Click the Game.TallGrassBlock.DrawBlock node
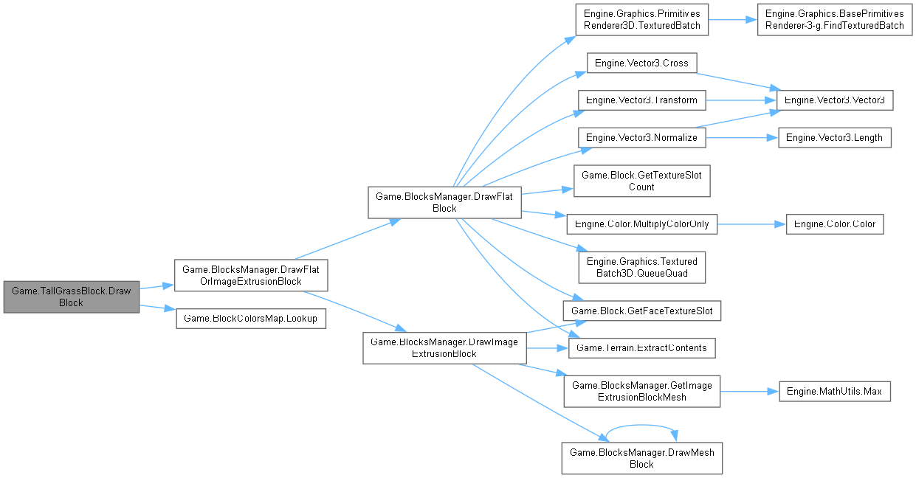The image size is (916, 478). point(71,297)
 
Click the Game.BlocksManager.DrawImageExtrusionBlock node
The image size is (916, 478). point(444,347)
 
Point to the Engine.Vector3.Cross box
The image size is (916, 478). point(641,63)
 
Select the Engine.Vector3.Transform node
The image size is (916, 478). point(641,100)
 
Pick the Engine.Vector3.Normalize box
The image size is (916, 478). point(641,137)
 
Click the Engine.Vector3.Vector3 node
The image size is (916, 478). point(836,100)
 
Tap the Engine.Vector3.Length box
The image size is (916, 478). point(836,137)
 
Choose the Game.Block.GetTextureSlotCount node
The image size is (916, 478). point(641,181)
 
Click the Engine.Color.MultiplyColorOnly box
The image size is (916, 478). point(641,224)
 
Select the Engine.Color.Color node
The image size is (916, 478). point(835,224)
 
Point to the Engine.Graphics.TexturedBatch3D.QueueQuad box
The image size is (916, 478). point(641,267)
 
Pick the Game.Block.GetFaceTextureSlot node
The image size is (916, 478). point(641,311)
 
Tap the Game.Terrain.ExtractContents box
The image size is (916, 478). point(641,347)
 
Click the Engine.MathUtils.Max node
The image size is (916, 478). point(835,391)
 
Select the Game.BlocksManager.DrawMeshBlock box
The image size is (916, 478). point(641,458)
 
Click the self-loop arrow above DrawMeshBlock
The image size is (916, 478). point(641,426)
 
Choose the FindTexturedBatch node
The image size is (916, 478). point(835,20)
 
